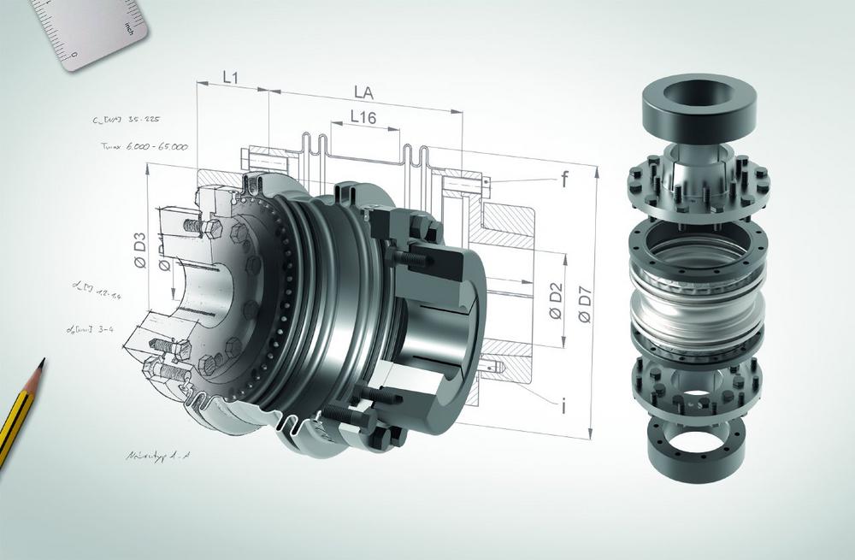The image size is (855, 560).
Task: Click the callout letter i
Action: [563, 405]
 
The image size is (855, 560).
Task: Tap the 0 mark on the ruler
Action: [74, 55]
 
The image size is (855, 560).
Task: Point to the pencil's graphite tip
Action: [40, 363]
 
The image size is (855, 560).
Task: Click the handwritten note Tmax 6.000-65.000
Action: [144, 147]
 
